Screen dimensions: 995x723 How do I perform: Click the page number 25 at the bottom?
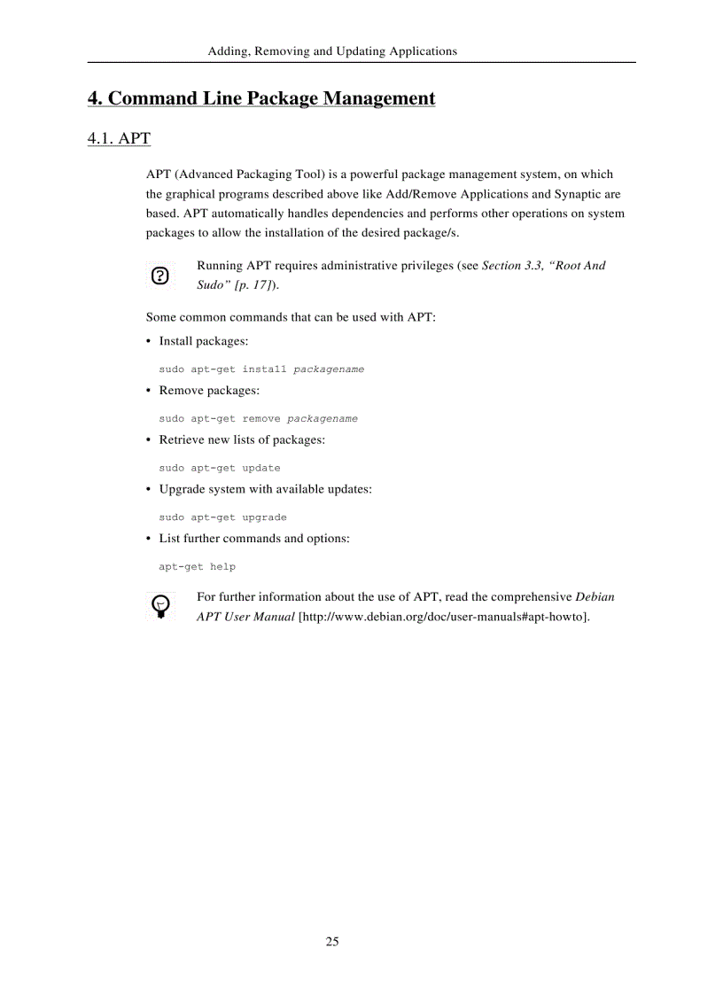[331, 941]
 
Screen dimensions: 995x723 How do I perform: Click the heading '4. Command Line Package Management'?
[261, 98]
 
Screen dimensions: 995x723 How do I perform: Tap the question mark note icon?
[159, 276]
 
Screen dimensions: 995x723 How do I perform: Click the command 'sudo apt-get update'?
[220, 468]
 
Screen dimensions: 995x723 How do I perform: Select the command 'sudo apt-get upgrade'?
[222, 517]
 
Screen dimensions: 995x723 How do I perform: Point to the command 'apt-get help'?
[197, 567]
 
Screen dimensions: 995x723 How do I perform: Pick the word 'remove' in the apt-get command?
[261, 419]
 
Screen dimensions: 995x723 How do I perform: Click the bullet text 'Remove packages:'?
[209, 391]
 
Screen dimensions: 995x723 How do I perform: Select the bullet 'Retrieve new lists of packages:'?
[241, 440]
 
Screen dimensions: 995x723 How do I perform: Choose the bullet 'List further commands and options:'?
[253, 539]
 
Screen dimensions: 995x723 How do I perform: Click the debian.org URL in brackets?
[444, 617]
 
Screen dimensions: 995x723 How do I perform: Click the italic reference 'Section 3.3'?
[510, 266]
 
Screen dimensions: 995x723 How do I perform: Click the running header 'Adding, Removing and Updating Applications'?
[332, 51]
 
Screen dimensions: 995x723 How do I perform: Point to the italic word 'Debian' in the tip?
[595, 597]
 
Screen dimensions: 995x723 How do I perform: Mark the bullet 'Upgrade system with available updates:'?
[265, 489]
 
